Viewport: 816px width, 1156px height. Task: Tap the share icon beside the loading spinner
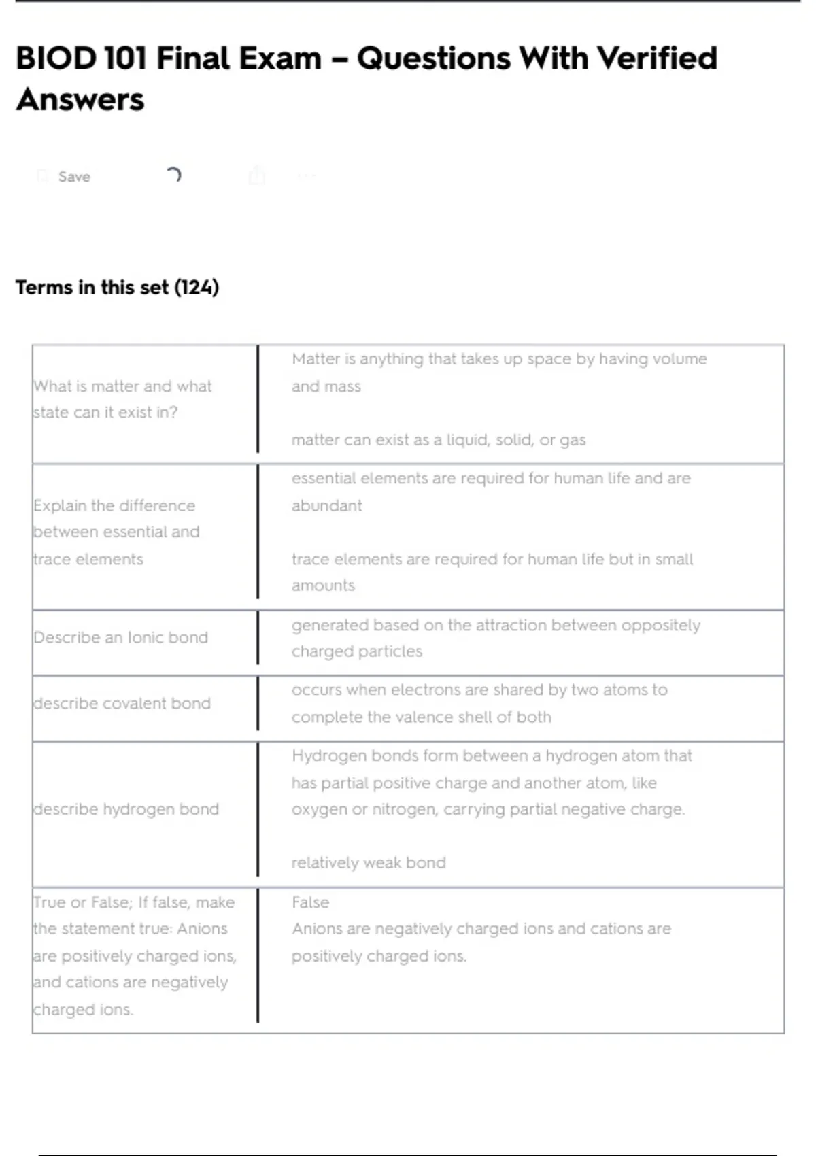(x=256, y=175)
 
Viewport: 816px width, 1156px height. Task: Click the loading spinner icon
(x=173, y=175)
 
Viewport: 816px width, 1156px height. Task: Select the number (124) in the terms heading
(x=197, y=288)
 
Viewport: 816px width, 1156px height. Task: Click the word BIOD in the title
(x=56, y=58)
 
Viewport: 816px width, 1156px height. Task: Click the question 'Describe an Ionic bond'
(x=120, y=638)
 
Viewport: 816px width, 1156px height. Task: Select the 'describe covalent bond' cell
(x=122, y=704)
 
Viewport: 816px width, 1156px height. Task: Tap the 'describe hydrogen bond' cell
(x=126, y=809)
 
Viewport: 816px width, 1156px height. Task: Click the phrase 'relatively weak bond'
(x=369, y=863)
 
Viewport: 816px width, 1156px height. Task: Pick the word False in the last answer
(x=310, y=902)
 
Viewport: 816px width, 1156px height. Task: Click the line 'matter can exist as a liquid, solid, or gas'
(x=439, y=440)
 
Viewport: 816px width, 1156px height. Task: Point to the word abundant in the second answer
(x=326, y=506)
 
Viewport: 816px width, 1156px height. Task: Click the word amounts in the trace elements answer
(x=323, y=585)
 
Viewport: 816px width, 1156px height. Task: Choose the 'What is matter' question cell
(x=122, y=399)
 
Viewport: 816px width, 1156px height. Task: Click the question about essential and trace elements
(x=116, y=532)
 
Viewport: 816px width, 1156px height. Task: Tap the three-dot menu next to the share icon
(x=307, y=176)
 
